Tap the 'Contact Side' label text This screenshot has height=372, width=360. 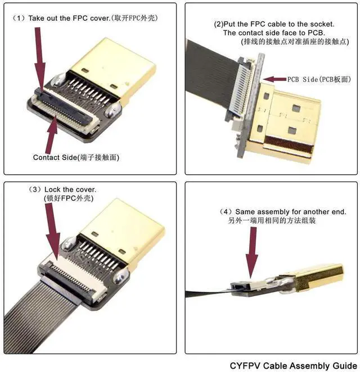pos(55,157)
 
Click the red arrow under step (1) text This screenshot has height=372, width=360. pos(40,60)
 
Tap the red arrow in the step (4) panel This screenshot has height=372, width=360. pos(251,252)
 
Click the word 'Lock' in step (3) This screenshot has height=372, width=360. pos(53,189)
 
